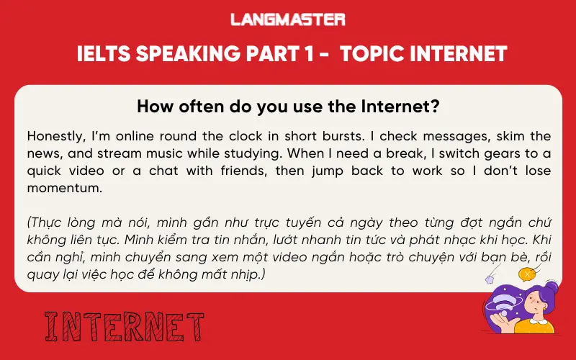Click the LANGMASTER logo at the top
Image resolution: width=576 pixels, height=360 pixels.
click(x=288, y=19)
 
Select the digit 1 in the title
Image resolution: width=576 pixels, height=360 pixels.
click(x=300, y=54)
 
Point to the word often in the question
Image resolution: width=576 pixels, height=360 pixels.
click(x=188, y=107)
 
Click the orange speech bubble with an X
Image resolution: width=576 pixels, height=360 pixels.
click(x=528, y=274)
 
